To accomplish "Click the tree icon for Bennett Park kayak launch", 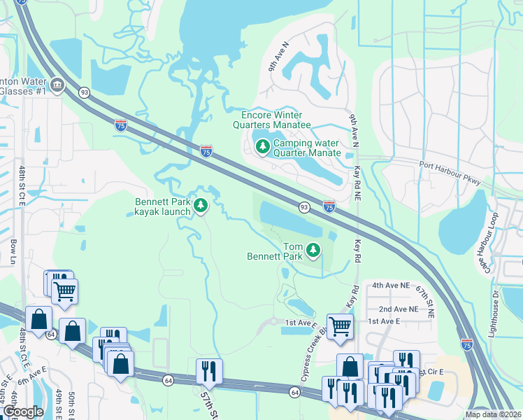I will pyautogui.click(x=201, y=205).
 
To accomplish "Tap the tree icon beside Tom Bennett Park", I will pyautogui.click(x=314, y=249).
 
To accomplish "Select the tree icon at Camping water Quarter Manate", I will pyautogui.click(x=262, y=147).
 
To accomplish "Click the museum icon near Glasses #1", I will pyautogui.click(x=57, y=86).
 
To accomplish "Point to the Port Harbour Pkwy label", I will pyautogui.click(x=451, y=174).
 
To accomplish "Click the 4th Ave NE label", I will pyautogui.click(x=389, y=286).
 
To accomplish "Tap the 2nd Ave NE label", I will pyautogui.click(x=399, y=309).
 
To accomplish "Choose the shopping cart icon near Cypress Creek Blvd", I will pyautogui.click(x=339, y=325).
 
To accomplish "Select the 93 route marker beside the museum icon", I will pyautogui.click(x=85, y=92).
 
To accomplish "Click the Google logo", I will pyautogui.click(x=23, y=412).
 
